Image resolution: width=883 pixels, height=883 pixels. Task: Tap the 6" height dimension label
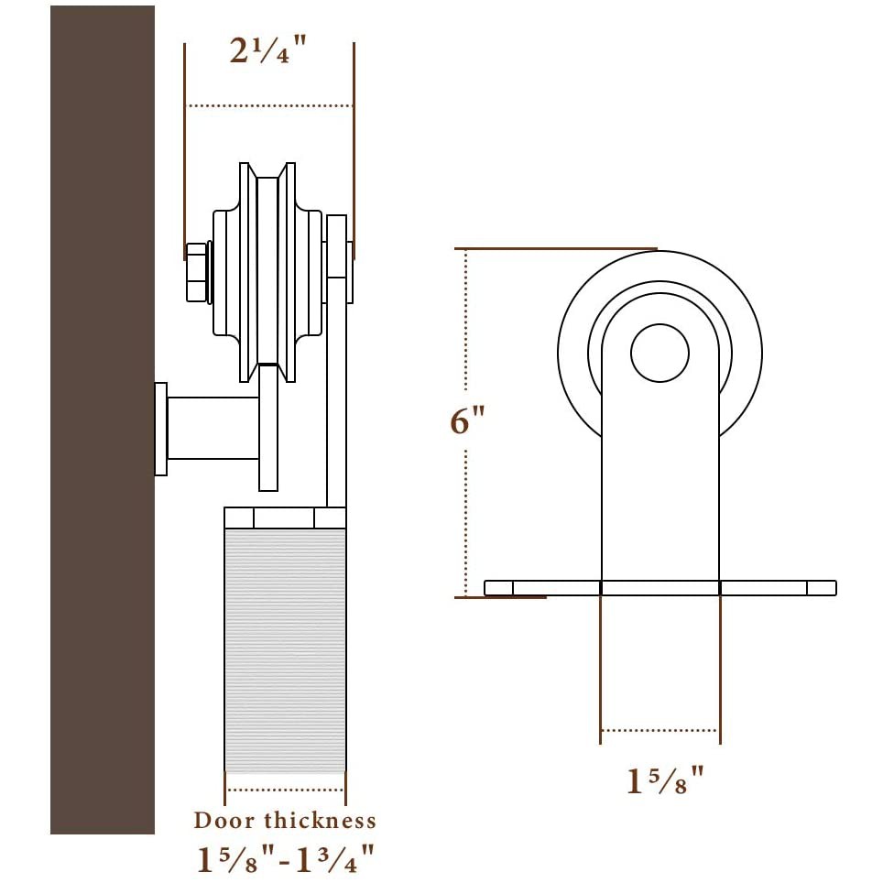point(467,420)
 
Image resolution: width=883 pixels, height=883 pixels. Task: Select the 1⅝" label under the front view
point(665,780)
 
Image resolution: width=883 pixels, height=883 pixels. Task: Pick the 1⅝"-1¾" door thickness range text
point(286,859)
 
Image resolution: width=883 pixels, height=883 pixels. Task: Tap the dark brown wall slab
point(103,420)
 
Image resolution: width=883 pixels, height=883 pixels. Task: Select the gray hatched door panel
point(285,650)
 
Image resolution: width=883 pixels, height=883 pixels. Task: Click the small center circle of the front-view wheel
point(660,353)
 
